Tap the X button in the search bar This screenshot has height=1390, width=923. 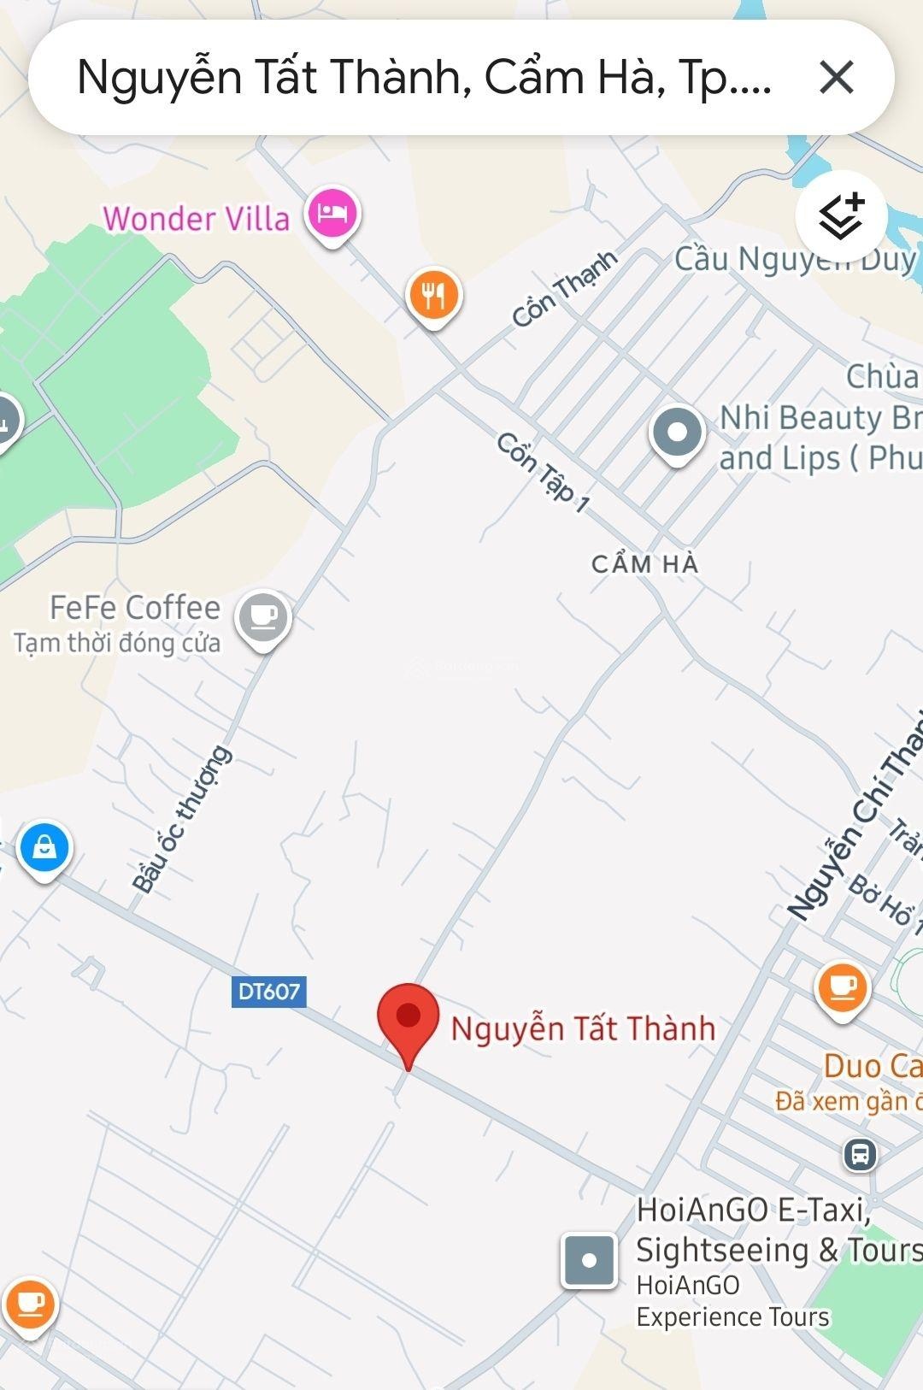pyautogui.click(x=836, y=77)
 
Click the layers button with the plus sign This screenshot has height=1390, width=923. pyautogui.click(x=841, y=216)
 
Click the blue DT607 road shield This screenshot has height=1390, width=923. pyautogui.click(x=269, y=992)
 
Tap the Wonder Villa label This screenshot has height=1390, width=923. pyautogui.click(x=196, y=219)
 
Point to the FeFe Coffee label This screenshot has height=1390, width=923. pyautogui.click(x=135, y=608)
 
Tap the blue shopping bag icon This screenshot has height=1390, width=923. pyautogui.click(x=44, y=848)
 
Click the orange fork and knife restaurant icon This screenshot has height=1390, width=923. pyautogui.click(x=433, y=296)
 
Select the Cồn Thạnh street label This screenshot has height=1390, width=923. pyautogui.click(x=565, y=289)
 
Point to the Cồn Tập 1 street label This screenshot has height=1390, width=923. pyautogui.click(x=544, y=473)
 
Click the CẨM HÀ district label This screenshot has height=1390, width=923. pyautogui.click(x=645, y=564)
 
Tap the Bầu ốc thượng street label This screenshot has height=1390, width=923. pyautogui.click(x=181, y=819)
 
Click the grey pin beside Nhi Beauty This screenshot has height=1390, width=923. pyautogui.click(x=677, y=433)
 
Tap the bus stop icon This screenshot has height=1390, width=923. pyautogui.click(x=860, y=1155)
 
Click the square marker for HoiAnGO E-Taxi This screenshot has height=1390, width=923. pyautogui.click(x=589, y=1261)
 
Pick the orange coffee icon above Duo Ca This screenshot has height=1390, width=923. pyautogui.click(x=843, y=988)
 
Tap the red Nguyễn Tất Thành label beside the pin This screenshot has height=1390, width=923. pyautogui.click(x=583, y=1028)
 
